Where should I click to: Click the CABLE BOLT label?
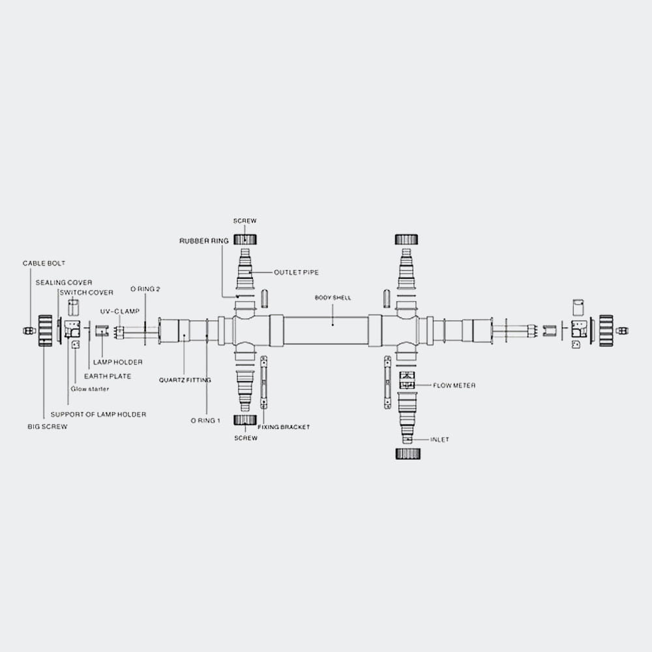(44, 263)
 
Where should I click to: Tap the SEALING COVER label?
(64, 283)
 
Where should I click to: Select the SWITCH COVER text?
(87, 293)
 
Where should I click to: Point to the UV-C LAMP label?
(120, 312)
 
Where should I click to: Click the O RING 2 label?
(145, 289)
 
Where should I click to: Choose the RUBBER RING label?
(203, 241)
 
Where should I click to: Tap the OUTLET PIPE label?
(296, 273)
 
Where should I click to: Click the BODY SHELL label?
(333, 298)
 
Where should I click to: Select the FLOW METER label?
(454, 385)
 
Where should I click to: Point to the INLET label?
(439, 439)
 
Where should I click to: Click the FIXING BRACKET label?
(284, 427)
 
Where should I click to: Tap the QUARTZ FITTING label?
(185, 380)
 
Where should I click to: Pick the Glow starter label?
(90, 389)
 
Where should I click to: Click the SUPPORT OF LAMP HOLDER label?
(98, 415)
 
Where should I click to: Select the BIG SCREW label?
(48, 426)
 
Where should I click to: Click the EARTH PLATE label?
(108, 376)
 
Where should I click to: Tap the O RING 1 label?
(205, 421)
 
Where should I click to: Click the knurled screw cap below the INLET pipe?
(407, 454)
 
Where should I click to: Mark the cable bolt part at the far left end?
(29, 331)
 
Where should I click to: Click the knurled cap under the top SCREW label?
(245, 239)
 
